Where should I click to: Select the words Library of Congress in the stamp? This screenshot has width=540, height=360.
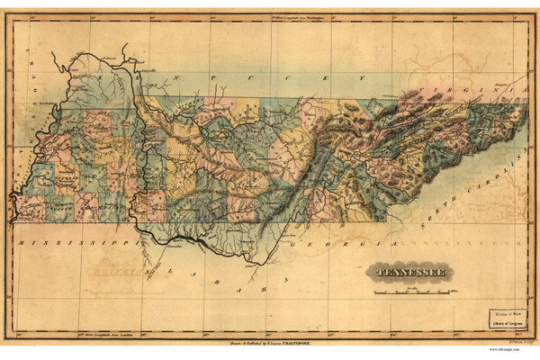coord(507,319)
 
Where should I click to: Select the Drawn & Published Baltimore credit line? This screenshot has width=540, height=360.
coord(270,343)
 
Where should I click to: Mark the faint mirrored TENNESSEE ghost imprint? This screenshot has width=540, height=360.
coord(108,268)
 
